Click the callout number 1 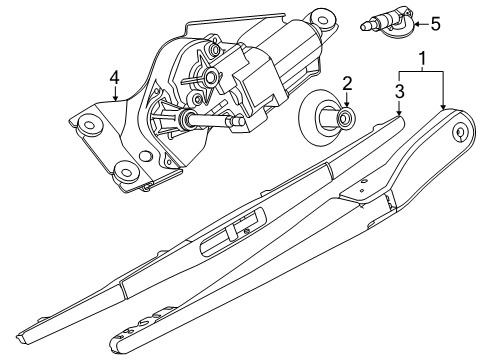pyautogui.click(x=422, y=59)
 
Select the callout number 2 pyautogui.click(x=347, y=84)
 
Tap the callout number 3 pyautogui.click(x=400, y=91)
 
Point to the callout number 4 pyautogui.click(x=114, y=78)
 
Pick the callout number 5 pyautogui.click(x=436, y=24)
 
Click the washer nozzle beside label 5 pyautogui.click(x=387, y=22)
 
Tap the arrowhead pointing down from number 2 pyautogui.click(x=347, y=104)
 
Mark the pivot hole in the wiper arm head pyautogui.click(x=460, y=132)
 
